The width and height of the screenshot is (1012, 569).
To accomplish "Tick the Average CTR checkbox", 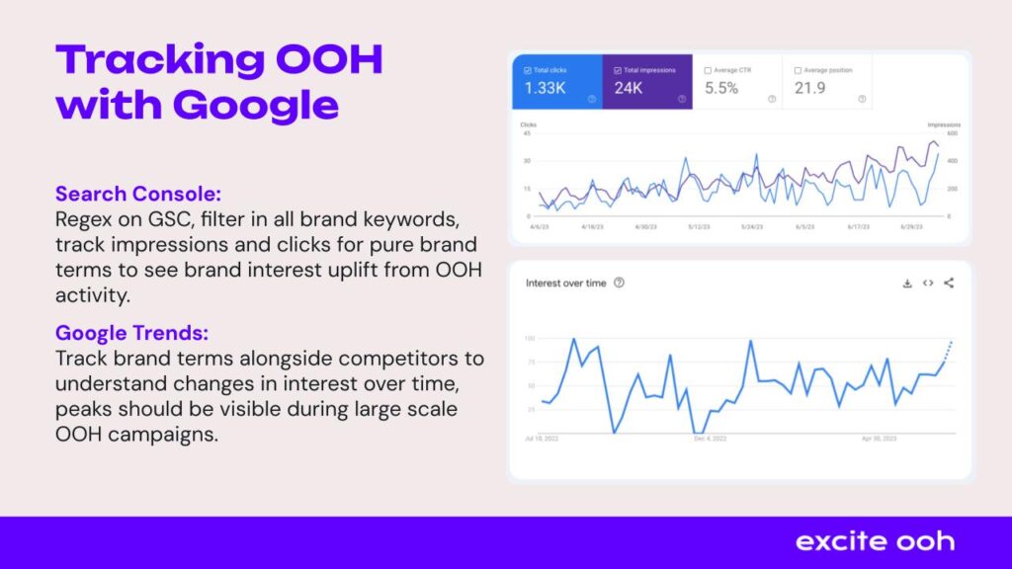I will tap(708, 71).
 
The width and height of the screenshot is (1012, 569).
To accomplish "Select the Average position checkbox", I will tap(800, 71).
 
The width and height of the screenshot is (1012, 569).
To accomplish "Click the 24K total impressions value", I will tap(630, 88).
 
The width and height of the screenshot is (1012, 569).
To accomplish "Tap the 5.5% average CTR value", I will tap(720, 88).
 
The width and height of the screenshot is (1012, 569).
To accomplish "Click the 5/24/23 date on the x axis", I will tap(753, 226).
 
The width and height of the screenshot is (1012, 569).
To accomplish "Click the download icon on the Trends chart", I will tap(907, 284).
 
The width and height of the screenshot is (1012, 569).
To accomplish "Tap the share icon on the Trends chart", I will tap(949, 284).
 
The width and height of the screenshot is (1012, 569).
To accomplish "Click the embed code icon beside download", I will tap(928, 284).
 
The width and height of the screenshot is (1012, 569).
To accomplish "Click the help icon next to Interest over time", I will tap(619, 283).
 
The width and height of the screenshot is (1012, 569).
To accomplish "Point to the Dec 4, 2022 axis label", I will tap(710, 438).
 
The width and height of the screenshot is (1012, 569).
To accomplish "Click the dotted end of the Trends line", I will tap(949, 349).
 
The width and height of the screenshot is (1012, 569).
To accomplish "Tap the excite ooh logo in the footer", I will tap(875, 541).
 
